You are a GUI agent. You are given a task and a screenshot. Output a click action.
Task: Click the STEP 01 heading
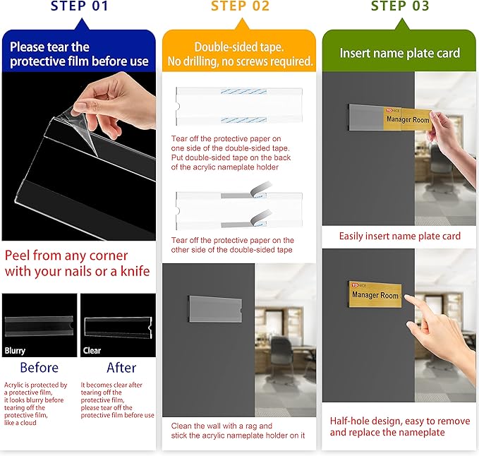coord(80,6)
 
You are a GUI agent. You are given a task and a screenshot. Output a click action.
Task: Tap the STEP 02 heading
coord(240,6)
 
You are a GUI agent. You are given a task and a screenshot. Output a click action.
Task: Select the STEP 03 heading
coord(400,6)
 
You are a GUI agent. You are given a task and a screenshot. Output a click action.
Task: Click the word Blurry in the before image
coord(15,351)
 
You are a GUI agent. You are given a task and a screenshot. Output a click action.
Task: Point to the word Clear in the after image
coord(92,351)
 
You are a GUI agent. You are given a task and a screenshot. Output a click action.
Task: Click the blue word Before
coord(39,367)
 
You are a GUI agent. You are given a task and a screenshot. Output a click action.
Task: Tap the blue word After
coord(121,367)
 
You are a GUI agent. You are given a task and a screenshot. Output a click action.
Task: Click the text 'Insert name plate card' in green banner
coord(400,53)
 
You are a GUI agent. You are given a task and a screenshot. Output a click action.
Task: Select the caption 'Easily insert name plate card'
coord(399,236)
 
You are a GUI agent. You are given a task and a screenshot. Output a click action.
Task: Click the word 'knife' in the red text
coord(135,271)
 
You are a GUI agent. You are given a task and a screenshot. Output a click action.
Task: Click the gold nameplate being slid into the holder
coord(408,119)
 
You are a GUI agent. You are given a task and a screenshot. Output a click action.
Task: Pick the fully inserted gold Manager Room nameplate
coord(375,294)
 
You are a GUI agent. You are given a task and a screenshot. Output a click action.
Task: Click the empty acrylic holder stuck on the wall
coord(215,309)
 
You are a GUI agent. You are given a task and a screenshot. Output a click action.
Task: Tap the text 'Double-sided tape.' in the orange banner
coord(239,47)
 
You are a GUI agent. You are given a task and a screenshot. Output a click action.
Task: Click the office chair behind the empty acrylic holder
coord(283,354)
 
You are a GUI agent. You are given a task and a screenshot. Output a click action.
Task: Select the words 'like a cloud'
coord(20,423)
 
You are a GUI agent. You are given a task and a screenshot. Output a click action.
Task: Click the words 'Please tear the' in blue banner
coord(49,47)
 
